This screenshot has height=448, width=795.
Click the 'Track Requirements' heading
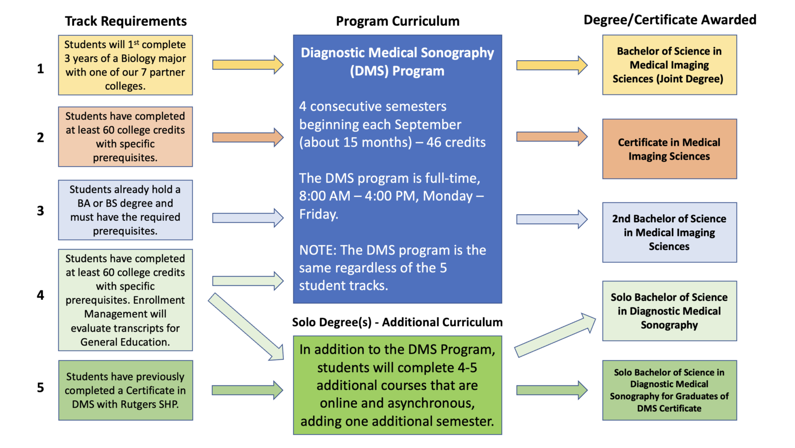click(x=126, y=21)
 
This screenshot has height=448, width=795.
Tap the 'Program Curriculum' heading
click(x=397, y=21)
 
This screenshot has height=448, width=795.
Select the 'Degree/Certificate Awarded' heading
click(x=669, y=20)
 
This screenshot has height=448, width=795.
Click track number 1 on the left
click(x=41, y=68)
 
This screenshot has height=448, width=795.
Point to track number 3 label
click(x=41, y=211)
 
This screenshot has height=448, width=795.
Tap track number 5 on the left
click(x=41, y=387)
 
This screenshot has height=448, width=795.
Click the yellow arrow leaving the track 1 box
click(x=247, y=65)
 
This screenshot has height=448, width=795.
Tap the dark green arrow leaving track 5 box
click(x=247, y=390)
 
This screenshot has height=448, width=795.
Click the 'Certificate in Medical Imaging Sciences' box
click(x=669, y=149)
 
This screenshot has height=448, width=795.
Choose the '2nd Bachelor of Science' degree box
click(x=669, y=232)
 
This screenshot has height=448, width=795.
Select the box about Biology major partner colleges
click(x=125, y=65)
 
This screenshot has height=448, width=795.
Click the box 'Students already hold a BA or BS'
click(x=125, y=210)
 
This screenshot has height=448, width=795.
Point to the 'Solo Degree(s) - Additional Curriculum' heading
click(x=397, y=323)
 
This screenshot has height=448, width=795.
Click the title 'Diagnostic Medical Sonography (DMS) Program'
click(x=397, y=62)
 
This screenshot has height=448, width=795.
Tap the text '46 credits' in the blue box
click(x=456, y=142)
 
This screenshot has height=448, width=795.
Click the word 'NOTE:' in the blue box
click(x=318, y=250)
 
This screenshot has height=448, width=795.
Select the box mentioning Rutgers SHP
click(x=125, y=390)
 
